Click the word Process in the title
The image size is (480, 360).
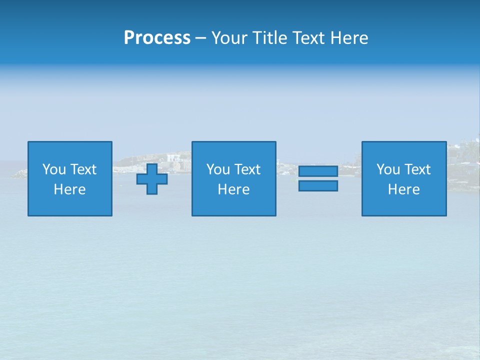pyautogui.click(x=157, y=38)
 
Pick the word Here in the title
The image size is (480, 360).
pyautogui.click(x=349, y=38)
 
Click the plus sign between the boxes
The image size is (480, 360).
pyautogui.click(x=152, y=179)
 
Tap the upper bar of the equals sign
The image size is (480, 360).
pyautogui.click(x=318, y=171)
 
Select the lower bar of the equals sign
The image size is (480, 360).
pyautogui.click(x=318, y=185)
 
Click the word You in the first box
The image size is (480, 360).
pyautogui.click(x=54, y=169)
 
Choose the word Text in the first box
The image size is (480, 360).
pyautogui.click(x=83, y=169)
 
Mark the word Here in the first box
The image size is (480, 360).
pyautogui.click(x=69, y=189)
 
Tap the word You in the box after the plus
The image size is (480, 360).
pyautogui.click(x=218, y=169)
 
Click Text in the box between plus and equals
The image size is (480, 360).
pyautogui.click(x=247, y=169)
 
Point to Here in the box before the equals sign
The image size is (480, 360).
pyautogui.click(x=233, y=189)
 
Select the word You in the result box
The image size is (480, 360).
pyautogui.click(x=388, y=169)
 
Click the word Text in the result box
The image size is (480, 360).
pyautogui.click(x=417, y=169)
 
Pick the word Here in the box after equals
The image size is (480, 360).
pyautogui.click(x=403, y=189)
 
